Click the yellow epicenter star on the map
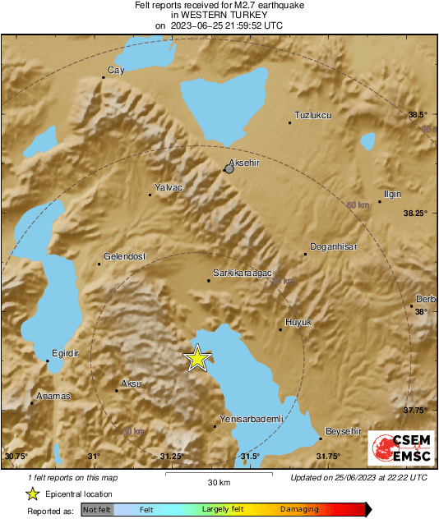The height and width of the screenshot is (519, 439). click(x=197, y=358)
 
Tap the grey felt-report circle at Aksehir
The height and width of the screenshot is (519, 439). click(x=229, y=169)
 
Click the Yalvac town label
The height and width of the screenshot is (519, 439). click(x=168, y=188)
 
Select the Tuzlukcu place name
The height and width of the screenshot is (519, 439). click(x=312, y=115)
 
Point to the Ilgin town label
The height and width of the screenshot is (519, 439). click(x=392, y=194)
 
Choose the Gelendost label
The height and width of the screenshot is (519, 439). click(x=124, y=256)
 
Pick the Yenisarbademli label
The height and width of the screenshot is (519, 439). click(x=252, y=419)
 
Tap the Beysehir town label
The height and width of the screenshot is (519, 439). click(x=343, y=431)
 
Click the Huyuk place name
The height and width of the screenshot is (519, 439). click(x=298, y=323)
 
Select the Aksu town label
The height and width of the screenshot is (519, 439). click(x=131, y=384)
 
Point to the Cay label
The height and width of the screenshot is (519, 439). click(x=116, y=71)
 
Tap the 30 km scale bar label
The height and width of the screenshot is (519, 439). click(x=218, y=482)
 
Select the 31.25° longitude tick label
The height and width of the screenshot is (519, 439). click(x=171, y=457)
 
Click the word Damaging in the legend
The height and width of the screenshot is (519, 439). click(x=299, y=509)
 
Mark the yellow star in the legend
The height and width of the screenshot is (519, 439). click(x=32, y=494)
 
